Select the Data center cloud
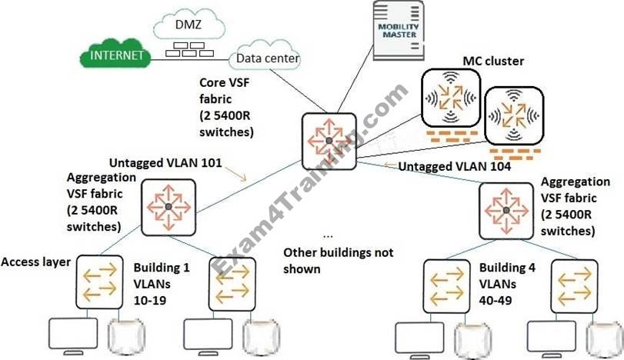coord(269,58)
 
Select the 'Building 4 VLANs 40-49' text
coord(506,283)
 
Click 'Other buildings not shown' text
coord(339,261)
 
